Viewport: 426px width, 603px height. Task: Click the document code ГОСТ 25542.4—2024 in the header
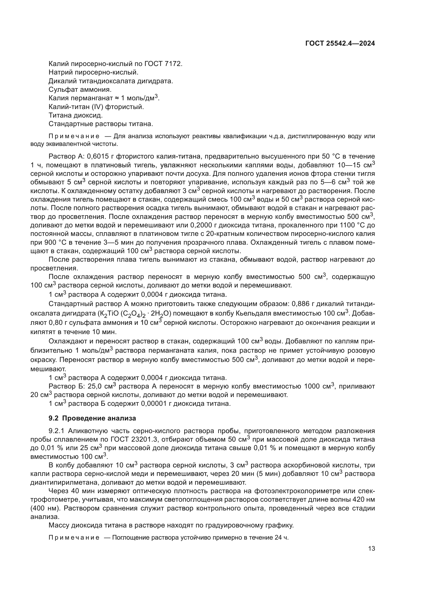click(x=340, y=44)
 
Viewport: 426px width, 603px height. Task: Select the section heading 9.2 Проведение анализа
click(x=92, y=418)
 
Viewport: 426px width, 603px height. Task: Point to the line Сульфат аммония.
click(x=80, y=89)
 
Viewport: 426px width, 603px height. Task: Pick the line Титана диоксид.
click(x=75, y=115)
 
